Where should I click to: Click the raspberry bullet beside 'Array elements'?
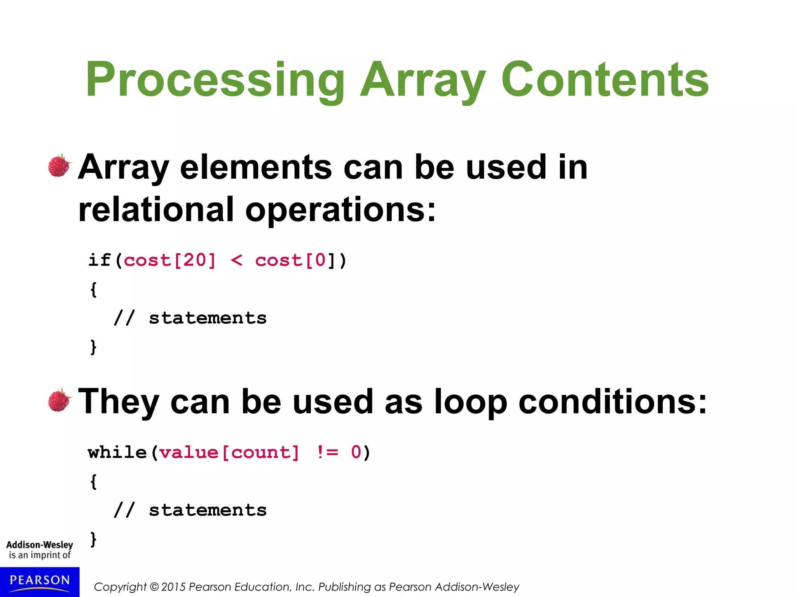tap(59, 166)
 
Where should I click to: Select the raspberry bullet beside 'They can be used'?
tap(59, 400)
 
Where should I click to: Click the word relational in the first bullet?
tap(156, 209)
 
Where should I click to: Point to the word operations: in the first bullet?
tap(340, 209)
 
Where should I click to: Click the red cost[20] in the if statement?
tap(169, 260)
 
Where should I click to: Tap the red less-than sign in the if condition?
tap(236, 260)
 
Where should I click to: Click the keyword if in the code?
tap(99, 260)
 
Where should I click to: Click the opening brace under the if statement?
tap(93, 290)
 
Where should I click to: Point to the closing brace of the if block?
tap(93, 347)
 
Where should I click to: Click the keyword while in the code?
tap(117, 452)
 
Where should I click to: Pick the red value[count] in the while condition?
tap(229, 452)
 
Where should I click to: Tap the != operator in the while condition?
tap(328, 452)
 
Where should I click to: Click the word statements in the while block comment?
tap(208, 510)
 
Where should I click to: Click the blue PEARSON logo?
tap(40, 581)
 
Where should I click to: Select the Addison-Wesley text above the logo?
tap(40, 545)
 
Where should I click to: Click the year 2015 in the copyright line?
tap(173, 587)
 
